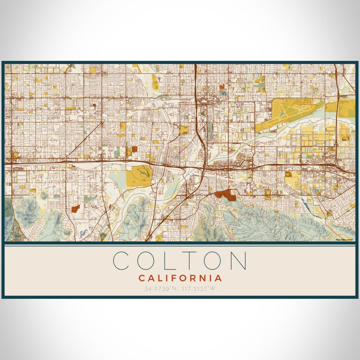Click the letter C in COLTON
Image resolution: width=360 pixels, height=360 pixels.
coord(123,261)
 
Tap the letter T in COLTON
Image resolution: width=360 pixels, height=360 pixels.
coord(190,261)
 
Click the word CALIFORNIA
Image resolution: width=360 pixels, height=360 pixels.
coord(180,278)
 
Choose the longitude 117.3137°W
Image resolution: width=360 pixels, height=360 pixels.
coord(200,289)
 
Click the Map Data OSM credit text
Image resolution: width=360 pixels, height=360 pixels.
coord(344,240)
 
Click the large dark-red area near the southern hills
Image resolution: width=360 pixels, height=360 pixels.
coord(225,195)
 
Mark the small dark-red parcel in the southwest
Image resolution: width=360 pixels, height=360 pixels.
coord(76,208)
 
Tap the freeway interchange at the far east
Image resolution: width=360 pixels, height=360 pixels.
coord(340,166)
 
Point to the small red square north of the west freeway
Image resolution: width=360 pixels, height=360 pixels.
coord(135,149)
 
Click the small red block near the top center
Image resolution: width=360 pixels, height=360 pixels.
coord(222,87)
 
